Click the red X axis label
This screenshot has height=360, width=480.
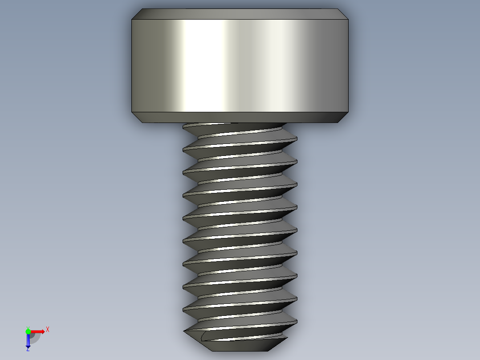[48, 329]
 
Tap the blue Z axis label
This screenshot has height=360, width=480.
[28, 349]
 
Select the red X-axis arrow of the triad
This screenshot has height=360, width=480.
[38, 331]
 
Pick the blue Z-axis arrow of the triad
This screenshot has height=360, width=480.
[28, 340]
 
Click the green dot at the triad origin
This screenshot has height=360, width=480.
[28, 331]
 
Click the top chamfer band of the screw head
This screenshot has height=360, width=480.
[240, 14]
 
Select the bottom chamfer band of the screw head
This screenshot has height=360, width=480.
[240, 117]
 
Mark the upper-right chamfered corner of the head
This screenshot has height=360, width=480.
[342, 14]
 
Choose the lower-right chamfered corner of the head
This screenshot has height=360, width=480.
[342, 117]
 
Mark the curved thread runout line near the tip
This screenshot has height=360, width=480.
[203, 336]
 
